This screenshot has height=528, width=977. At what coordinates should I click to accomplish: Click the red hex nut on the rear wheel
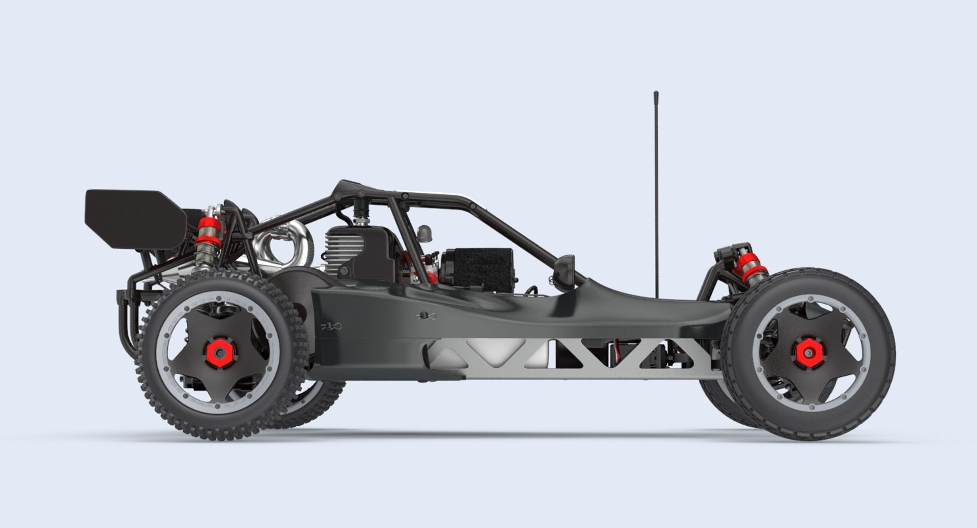pyautogui.click(x=218, y=350)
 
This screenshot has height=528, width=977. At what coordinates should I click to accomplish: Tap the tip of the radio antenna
pyautogui.click(x=656, y=94)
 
